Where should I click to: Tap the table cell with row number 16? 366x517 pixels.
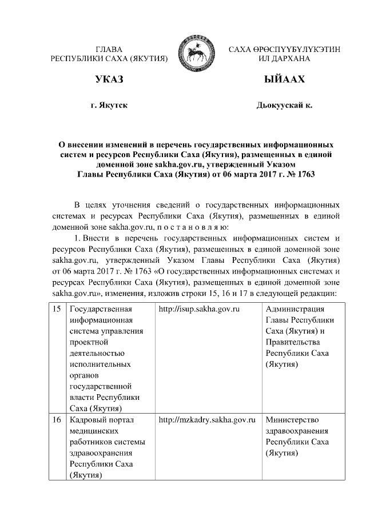click(x=57, y=420)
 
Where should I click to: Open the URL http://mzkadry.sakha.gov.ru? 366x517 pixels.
click(x=206, y=420)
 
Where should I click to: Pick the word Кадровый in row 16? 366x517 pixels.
click(x=87, y=420)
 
